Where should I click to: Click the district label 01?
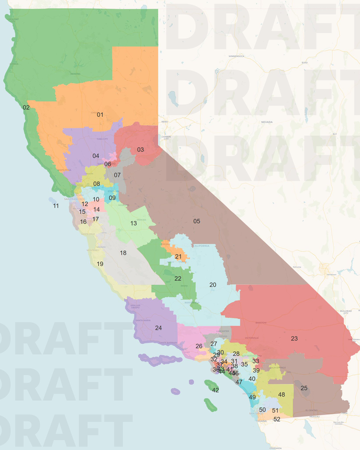click(x=100, y=115)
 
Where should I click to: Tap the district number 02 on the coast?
click(x=26, y=107)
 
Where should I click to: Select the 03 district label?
click(x=140, y=149)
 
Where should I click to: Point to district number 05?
click(x=196, y=221)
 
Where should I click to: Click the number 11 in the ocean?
click(x=56, y=206)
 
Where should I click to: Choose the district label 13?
click(x=133, y=223)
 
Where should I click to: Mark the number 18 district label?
click(x=123, y=253)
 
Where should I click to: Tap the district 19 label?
click(x=100, y=264)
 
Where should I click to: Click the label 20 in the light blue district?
click(x=213, y=285)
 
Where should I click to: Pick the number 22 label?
click(x=178, y=278)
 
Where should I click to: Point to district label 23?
click(x=294, y=339)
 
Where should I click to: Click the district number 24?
click(x=158, y=328)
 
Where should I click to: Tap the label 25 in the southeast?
click(x=304, y=388)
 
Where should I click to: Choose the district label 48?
click(x=281, y=394)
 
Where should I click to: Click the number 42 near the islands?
click(x=215, y=390)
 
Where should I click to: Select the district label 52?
click(x=277, y=419)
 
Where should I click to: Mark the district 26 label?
click(x=199, y=346)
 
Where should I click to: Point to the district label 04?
click(x=95, y=156)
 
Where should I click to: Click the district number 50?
click(x=262, y=410)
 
